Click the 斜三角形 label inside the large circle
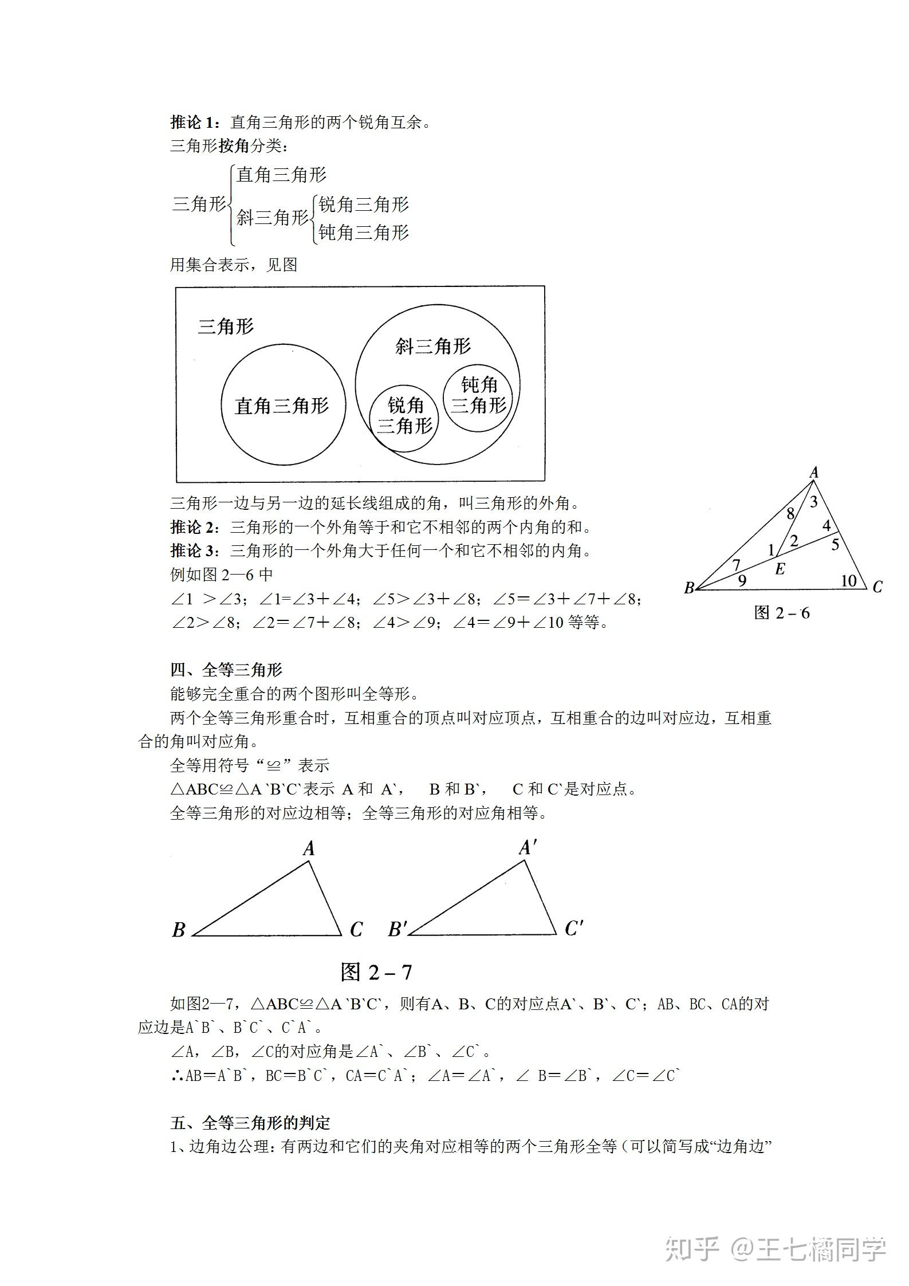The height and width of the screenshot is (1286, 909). (433, 346)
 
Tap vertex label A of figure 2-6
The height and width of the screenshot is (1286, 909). (814, 473)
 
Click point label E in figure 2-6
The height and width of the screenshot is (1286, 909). (780, 569)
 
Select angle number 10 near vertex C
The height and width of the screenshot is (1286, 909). (848, 581)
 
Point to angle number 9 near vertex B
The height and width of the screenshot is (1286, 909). (742, 581)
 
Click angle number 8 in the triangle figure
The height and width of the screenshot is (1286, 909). (790, 513)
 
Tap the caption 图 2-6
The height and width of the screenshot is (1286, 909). (782, 613)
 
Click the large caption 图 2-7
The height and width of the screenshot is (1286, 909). (376, 972)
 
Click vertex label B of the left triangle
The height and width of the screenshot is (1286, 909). (179, 929)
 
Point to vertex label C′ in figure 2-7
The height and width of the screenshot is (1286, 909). (573, 928)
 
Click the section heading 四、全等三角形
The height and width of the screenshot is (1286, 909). (226, 670)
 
